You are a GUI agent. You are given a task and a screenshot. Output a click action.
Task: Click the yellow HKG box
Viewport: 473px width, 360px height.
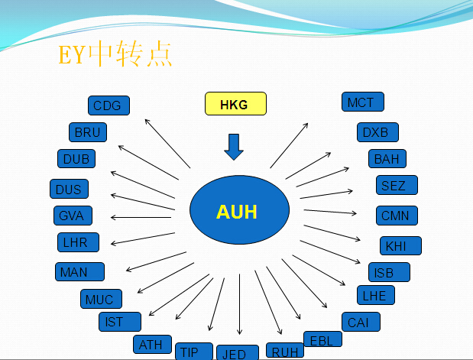235,103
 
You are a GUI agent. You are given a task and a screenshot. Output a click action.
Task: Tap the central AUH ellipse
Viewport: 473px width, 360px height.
239,209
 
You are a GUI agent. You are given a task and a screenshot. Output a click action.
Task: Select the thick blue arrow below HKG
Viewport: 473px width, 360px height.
234,147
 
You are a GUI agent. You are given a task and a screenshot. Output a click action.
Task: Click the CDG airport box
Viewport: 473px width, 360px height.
109,105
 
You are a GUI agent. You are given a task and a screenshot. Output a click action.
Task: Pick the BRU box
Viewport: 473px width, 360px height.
88,132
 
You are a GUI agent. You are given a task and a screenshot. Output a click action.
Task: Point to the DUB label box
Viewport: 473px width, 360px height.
76,159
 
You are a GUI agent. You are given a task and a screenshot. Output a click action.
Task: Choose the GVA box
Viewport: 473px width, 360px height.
73,216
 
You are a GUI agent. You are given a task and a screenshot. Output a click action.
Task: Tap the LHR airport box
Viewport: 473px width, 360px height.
78,242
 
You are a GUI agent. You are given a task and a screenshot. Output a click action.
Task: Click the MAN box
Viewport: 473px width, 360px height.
80,272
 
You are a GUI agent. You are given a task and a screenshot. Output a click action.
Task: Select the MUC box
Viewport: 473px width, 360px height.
102,299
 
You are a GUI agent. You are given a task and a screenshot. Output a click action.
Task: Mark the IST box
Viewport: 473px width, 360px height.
120,322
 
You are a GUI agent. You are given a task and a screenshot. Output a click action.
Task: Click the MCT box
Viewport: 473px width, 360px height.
363,102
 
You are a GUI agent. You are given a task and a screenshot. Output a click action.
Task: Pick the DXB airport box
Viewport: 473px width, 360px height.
377,132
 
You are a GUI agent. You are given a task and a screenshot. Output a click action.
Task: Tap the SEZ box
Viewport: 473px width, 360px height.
397,185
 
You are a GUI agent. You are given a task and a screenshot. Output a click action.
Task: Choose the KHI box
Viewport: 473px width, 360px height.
400,245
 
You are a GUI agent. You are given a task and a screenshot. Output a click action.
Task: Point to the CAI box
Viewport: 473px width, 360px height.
361,322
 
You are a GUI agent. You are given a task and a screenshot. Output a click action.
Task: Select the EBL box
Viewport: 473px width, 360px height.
322,339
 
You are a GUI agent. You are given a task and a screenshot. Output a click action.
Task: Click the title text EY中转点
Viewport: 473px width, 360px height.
115,54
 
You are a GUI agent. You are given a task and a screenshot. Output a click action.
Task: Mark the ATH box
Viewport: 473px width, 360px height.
152,344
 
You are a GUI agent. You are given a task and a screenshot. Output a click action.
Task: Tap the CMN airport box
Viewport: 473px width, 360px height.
397,216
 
